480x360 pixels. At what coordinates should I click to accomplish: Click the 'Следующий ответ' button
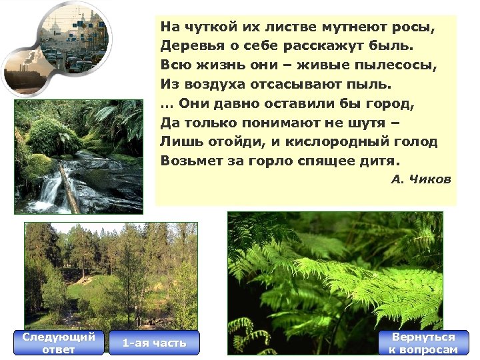[59, 343]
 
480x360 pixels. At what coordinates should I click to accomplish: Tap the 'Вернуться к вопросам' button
[423, 343]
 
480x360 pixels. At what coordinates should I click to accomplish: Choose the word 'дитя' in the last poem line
[381, 161]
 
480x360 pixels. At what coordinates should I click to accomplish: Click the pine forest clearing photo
[111, 274]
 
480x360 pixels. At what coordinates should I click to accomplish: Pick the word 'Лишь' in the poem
[177, 141]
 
